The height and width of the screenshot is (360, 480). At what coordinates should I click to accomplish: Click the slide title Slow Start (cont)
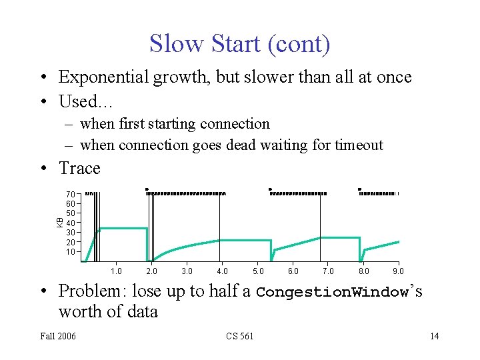(239, 44)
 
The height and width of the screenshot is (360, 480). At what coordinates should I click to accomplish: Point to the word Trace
(79, 168)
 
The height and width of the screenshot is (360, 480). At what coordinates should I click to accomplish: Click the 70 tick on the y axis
(71, 193)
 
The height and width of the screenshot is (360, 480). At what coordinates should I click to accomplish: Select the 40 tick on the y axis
(71, 223)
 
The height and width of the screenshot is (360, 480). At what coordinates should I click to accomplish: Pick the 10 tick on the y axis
(71, 252)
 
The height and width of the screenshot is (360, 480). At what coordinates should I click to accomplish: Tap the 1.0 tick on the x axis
(116, 271)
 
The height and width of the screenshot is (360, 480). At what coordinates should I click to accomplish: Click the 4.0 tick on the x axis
(222, 271)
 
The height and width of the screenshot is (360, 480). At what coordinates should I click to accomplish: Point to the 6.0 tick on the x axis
(293, 271)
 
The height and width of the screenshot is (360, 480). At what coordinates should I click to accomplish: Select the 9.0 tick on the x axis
(398, 271)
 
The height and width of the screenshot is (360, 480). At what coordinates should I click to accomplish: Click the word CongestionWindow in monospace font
(332, 292)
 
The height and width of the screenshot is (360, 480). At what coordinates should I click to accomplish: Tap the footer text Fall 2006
(58, 336)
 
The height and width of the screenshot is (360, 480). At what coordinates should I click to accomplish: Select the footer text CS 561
(239, 336)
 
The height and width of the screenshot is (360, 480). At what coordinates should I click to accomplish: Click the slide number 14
(434, 336)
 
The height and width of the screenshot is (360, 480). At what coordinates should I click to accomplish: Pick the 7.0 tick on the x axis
(328, 271)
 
